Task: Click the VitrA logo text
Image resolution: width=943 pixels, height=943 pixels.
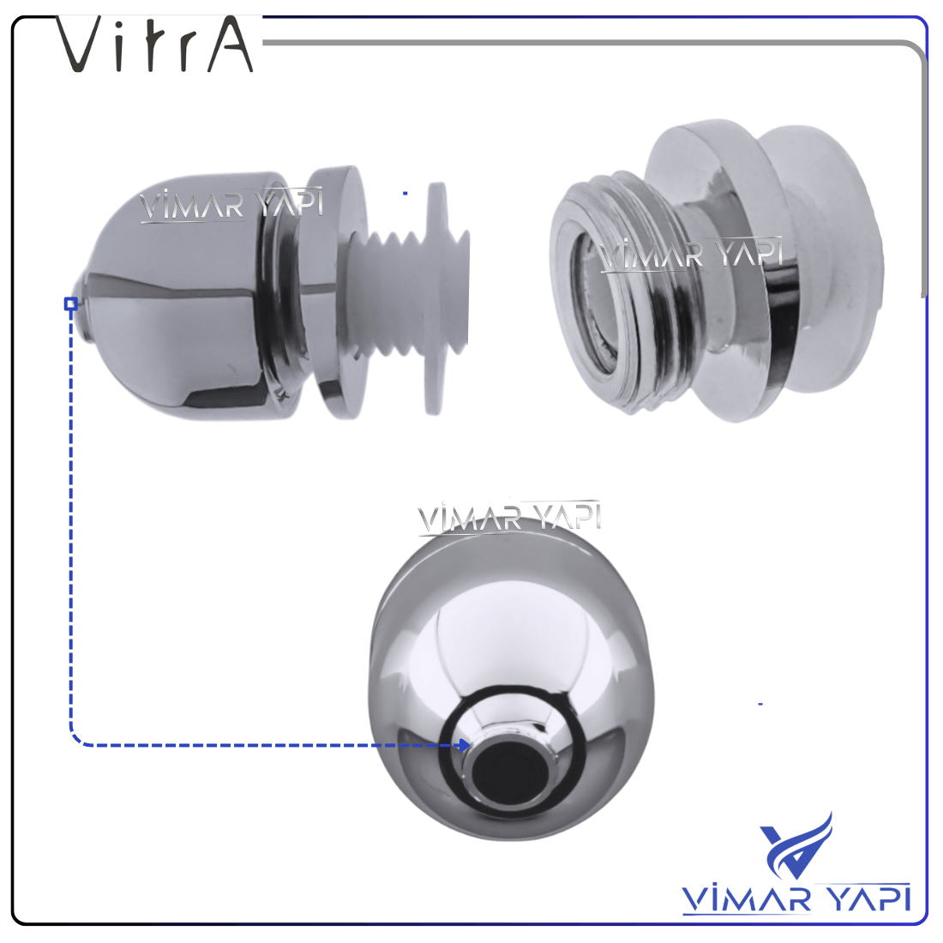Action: (154, 44)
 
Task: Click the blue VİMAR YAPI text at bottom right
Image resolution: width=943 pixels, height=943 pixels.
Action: (796, 899)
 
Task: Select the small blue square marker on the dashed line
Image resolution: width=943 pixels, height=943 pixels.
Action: (71, 303)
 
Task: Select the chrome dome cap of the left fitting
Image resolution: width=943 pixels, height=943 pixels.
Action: (186, 296)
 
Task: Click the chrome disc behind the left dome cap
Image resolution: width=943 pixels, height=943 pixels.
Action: (338, 292)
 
